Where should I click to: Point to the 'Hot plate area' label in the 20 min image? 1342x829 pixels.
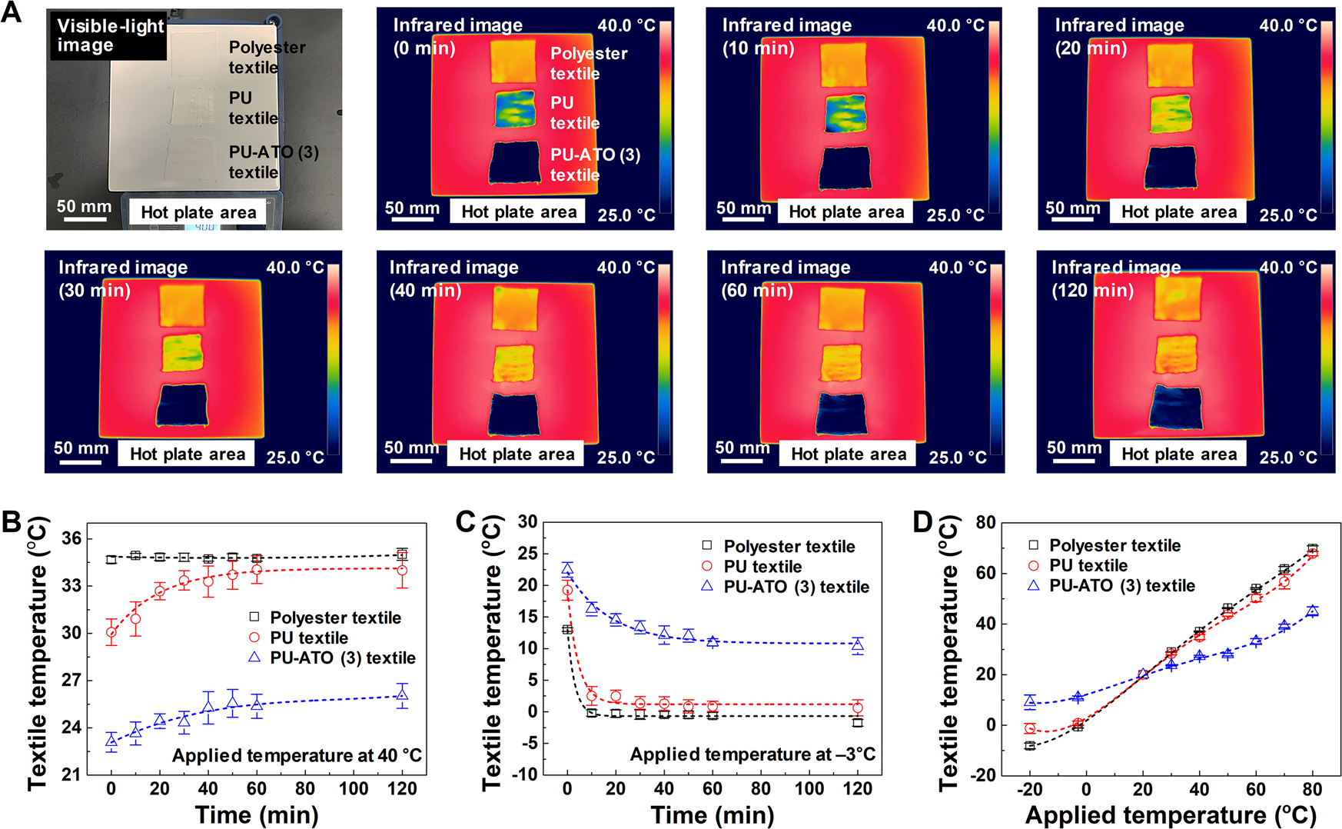point(1178,212)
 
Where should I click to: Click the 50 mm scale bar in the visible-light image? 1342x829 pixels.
point(85,219)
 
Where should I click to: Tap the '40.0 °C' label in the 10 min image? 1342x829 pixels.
point(955,25)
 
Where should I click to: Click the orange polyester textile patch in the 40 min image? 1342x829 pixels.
point(515,308)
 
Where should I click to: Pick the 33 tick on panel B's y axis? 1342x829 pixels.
point(71,586)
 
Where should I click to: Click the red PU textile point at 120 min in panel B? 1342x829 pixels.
point(401,571)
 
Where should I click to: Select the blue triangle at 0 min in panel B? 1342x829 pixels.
point(111,741)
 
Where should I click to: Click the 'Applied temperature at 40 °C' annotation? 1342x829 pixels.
point(297,755)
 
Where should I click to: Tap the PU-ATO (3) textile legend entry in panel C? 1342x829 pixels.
point(796,587)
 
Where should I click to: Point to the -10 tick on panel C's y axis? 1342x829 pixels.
point(527,774)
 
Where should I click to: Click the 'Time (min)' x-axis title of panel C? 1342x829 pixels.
point(712,814)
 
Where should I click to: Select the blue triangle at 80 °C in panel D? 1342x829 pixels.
point(1312,611)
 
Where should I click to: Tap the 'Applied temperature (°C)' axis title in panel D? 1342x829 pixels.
point(1170,814)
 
